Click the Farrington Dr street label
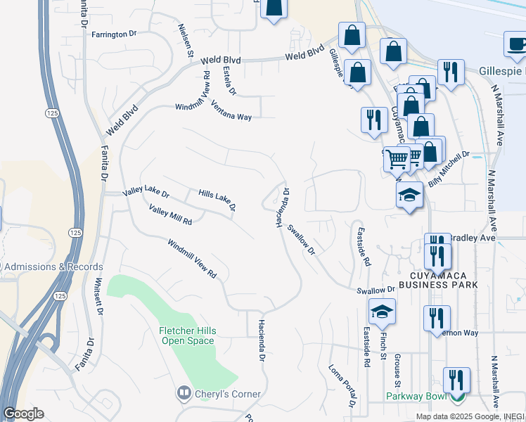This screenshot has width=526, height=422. pos(113,34)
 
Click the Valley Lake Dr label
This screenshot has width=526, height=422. pos(146,192)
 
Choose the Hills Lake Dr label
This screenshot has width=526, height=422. pos(217,200)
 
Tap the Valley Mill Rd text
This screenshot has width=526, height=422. pos(171,215)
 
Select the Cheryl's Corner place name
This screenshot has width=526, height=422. pos(227,394)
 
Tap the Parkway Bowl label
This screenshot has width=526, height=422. pos(416,396)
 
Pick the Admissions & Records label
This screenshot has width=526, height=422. pos(55,267)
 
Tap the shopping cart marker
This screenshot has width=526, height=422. pos(397,159)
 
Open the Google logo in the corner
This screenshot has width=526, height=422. pos(23,414)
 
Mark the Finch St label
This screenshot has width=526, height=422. pos(383,350)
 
